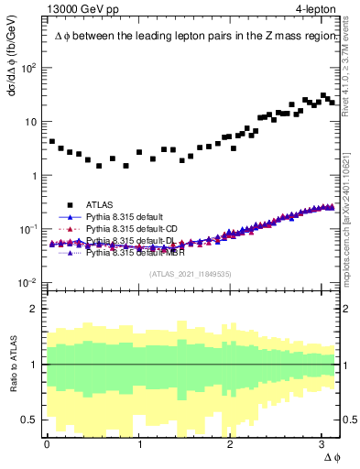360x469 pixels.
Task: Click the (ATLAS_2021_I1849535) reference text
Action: [x=190, y=273]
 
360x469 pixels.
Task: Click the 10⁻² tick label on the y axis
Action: [x=29, y=282]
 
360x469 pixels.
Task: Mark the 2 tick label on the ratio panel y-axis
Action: [x=34, y=309]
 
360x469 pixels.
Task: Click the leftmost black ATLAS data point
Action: [x=52, y=142]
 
